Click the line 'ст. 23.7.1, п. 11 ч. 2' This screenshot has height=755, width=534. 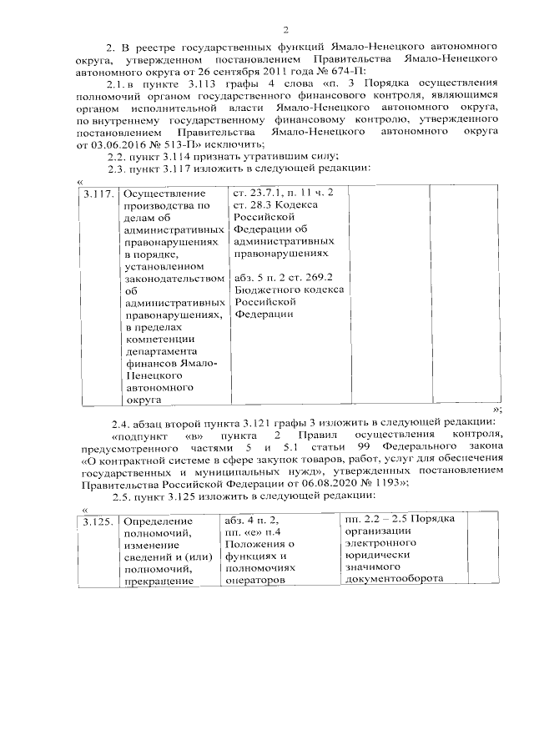(x=284, y=194)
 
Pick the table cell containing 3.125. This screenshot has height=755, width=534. (x=98, y=521)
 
